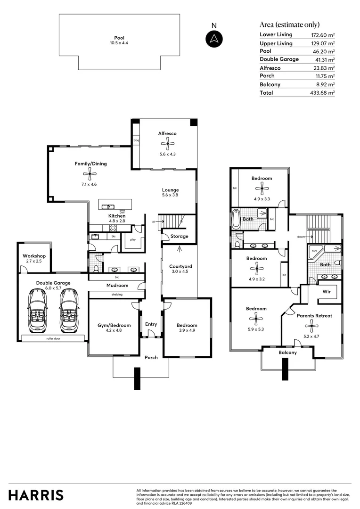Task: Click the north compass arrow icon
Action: (x=214, y=38)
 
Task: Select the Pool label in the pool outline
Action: (x=119, y=38)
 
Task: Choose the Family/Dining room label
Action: (x=90, y=164)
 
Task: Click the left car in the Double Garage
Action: (x=37, y=311)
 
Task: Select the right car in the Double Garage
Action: (x=68, y=311)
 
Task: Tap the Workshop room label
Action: (x=34, y=256)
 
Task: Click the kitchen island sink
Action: (x=108, y=206)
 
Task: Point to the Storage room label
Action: (x=179, y=236)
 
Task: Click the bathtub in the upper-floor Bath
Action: (x=236, y=220)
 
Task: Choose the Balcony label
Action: (x=287, y=352)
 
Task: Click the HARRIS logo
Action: (x=36, y=495)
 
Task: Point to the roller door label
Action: (x=53, y=338)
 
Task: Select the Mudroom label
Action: (x=117, y=286)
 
